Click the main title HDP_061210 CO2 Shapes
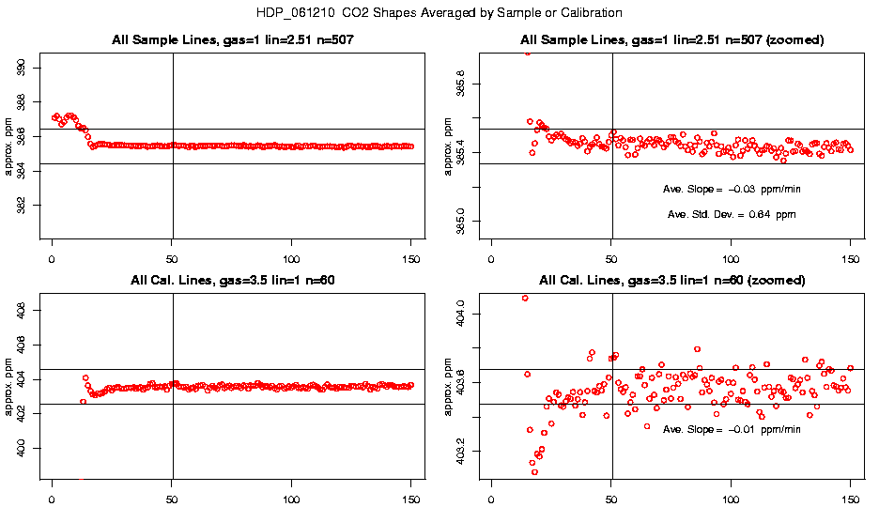(439, 13)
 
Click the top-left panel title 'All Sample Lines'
(230, 40)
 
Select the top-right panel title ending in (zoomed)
(672, 40)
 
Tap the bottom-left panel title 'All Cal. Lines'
(230, 280)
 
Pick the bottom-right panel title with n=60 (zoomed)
(672, 280)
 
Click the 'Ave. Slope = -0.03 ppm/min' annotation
(732, 189)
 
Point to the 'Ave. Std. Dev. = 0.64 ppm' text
(732, 214)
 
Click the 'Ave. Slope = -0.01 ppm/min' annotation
(732, 429)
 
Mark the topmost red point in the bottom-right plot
(525, 298)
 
